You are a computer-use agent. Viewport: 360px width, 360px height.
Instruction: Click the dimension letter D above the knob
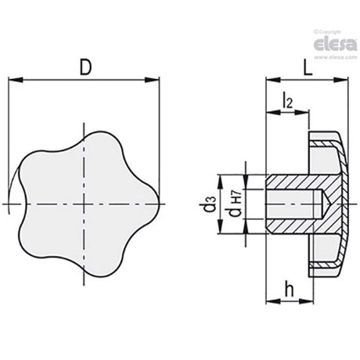pos(86,67)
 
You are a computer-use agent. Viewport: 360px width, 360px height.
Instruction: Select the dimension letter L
pos(308,68)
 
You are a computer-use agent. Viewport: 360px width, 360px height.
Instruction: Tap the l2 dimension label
pos(287,100)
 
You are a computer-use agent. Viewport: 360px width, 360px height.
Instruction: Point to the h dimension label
pos(289,290)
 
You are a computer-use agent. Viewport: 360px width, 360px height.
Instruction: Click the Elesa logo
pos(335,44)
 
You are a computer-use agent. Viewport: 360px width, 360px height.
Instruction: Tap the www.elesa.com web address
pos(336,57)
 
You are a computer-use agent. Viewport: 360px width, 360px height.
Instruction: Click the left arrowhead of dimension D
pos(16,80)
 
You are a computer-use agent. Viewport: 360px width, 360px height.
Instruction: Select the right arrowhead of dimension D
pos(152,80)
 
